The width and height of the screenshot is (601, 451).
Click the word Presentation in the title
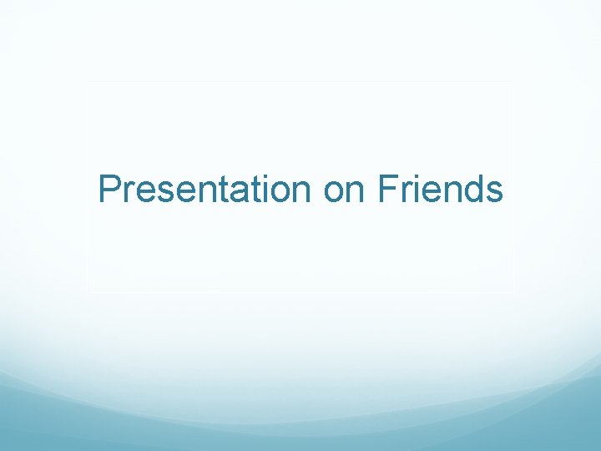pyautogui.click(x=205, y=190)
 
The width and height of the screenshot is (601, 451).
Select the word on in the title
pyautogui.click(x=345, y=191)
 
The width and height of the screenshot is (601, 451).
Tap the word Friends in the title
pyautogui.click(x=440, y=190)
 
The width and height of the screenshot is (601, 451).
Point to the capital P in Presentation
pyautogui.click(x=109, y=190)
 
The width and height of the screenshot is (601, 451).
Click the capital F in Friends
pyautogui.click(x=386, y=190)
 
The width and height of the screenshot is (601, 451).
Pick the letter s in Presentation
pyautogui.click(x=164, y=193)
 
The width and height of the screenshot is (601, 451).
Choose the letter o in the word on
pyautogui.click(x=334, y=193)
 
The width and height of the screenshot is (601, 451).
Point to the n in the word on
pyautogui.click(x=355, y=193)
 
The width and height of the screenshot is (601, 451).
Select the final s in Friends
pyautogui.click(x=493, y=193)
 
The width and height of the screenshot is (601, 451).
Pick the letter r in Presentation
pyautogui.click(x=128, y=193)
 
